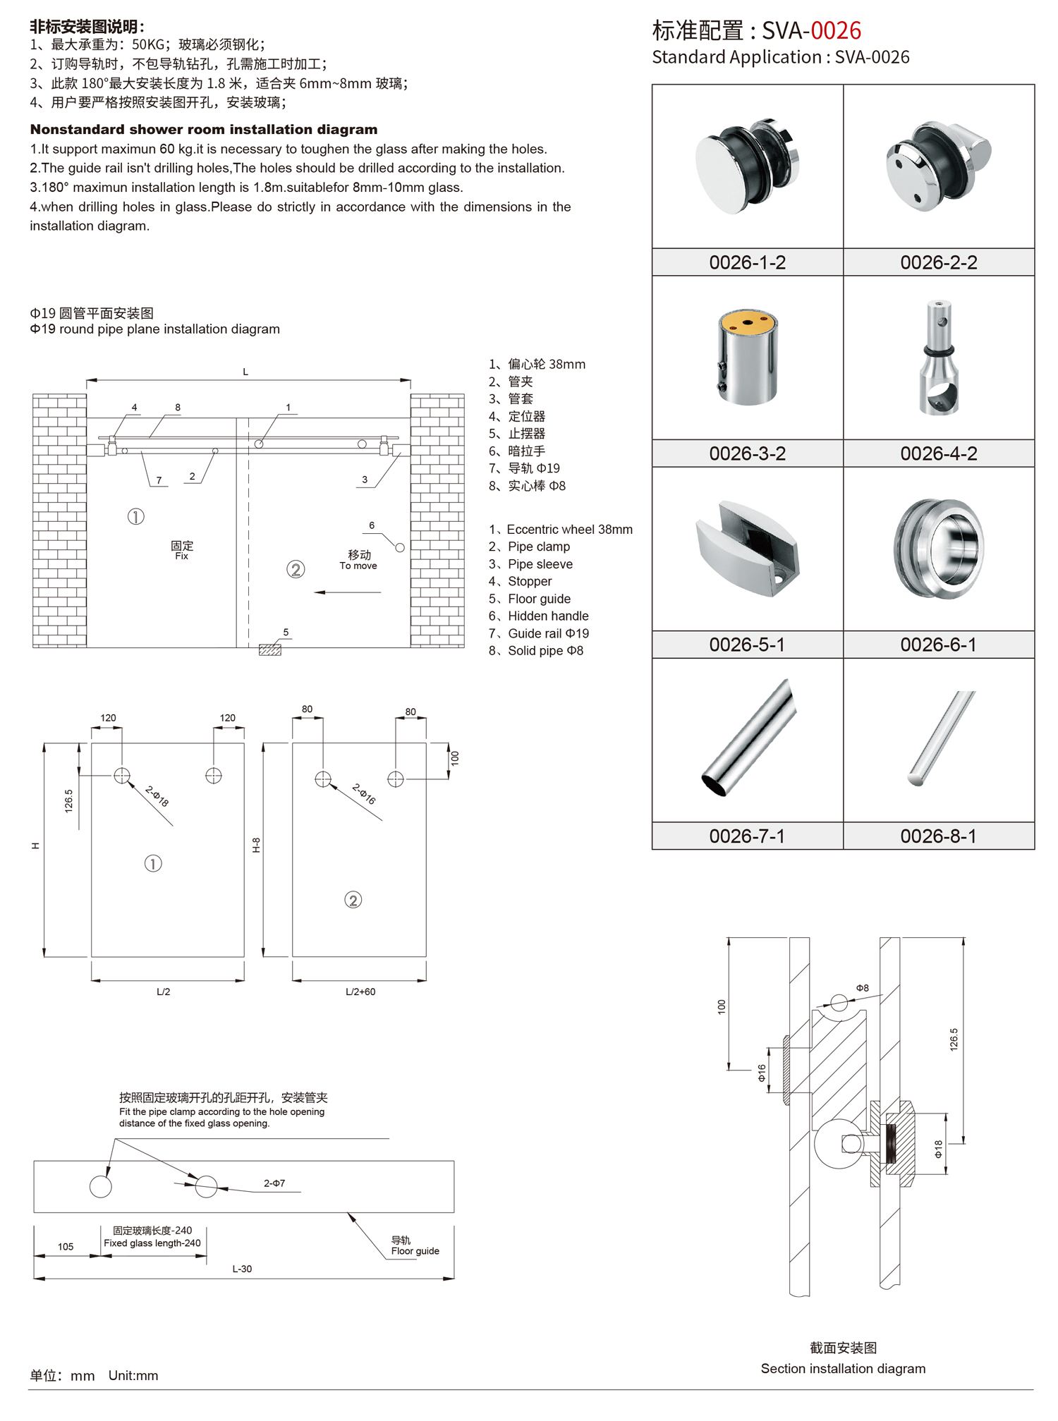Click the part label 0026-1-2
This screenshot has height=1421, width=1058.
(747, 262)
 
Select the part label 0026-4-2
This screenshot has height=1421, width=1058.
(938, 453)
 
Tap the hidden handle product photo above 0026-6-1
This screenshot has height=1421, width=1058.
(938, 549)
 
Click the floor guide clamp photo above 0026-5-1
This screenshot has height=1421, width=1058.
(748, 549)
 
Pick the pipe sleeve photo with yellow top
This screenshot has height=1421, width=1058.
(748, 357)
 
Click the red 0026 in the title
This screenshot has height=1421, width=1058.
(836, 30)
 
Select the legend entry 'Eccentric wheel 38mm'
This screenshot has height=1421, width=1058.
(568, 530)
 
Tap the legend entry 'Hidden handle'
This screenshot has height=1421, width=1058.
(547, 616)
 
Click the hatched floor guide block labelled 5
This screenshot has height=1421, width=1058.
(270, 649)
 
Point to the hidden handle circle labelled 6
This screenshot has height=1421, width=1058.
(400, 548)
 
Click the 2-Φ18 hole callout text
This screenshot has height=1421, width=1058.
(157, 796)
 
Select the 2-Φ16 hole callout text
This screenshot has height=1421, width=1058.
(364, 794)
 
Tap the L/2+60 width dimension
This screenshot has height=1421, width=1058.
(360, 992)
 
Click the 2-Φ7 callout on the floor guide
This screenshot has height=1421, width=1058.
(274, 1183)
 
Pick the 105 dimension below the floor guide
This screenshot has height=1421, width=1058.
(66, 1247)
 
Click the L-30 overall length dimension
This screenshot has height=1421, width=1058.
(242, 1269)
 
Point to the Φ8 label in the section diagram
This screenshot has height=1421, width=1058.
(862, 988)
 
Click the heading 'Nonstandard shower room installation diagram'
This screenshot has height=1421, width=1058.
(204, 130)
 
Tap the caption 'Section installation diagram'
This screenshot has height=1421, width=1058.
(843, 1369)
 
